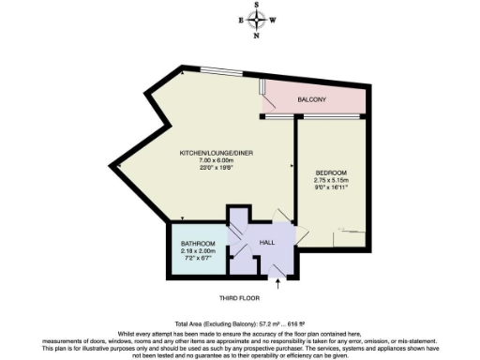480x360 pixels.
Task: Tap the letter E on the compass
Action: pyautogui.click(x=242, y=21)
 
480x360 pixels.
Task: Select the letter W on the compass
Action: pyautogui.click(x=274, y=21)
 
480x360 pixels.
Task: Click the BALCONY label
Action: pyautogui.click(x=312, y=98)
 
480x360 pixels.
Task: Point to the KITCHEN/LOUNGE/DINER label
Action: pyautogui.click(x=217, y=153)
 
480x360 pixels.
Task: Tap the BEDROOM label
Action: pyautogui.click(x=331, y=172)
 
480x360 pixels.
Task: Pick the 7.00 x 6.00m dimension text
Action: pyautogui.click(x=217, y=160)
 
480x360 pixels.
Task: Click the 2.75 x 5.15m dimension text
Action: pyautogui.click(x=331, y=180)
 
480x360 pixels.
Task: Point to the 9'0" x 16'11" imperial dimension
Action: pyautogui.click(x=331, y=187)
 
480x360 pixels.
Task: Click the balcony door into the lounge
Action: pyautogui.click(x=265, y=94)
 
